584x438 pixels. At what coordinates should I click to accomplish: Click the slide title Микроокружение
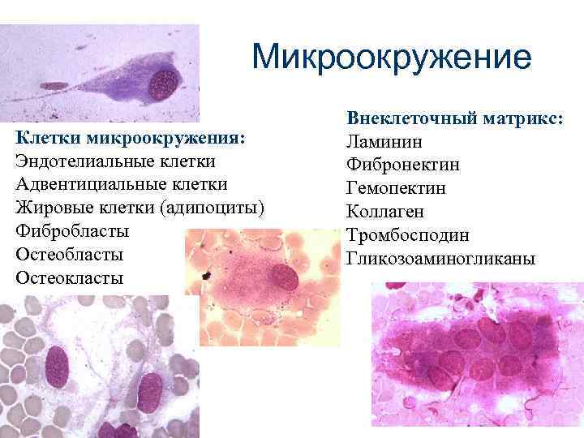391,58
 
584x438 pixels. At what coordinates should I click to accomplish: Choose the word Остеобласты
70,254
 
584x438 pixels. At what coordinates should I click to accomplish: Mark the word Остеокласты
70,277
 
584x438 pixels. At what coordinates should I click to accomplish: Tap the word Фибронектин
403,165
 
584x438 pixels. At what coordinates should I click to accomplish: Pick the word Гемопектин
396,189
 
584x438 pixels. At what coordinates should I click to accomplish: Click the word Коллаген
385,212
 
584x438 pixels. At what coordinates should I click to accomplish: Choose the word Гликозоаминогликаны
440,259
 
